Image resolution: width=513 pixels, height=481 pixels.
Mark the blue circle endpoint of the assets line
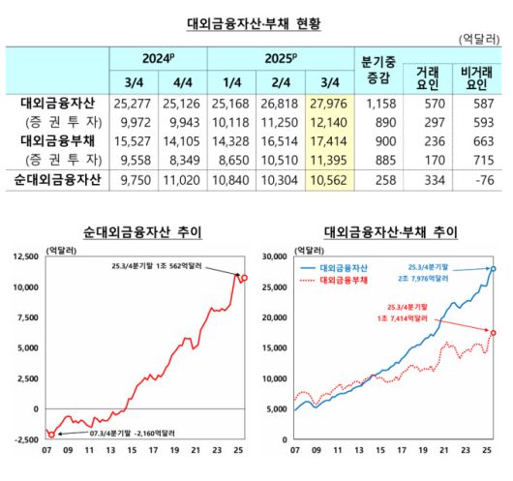(493, 269)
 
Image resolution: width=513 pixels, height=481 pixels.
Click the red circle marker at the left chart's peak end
(244, 278)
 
